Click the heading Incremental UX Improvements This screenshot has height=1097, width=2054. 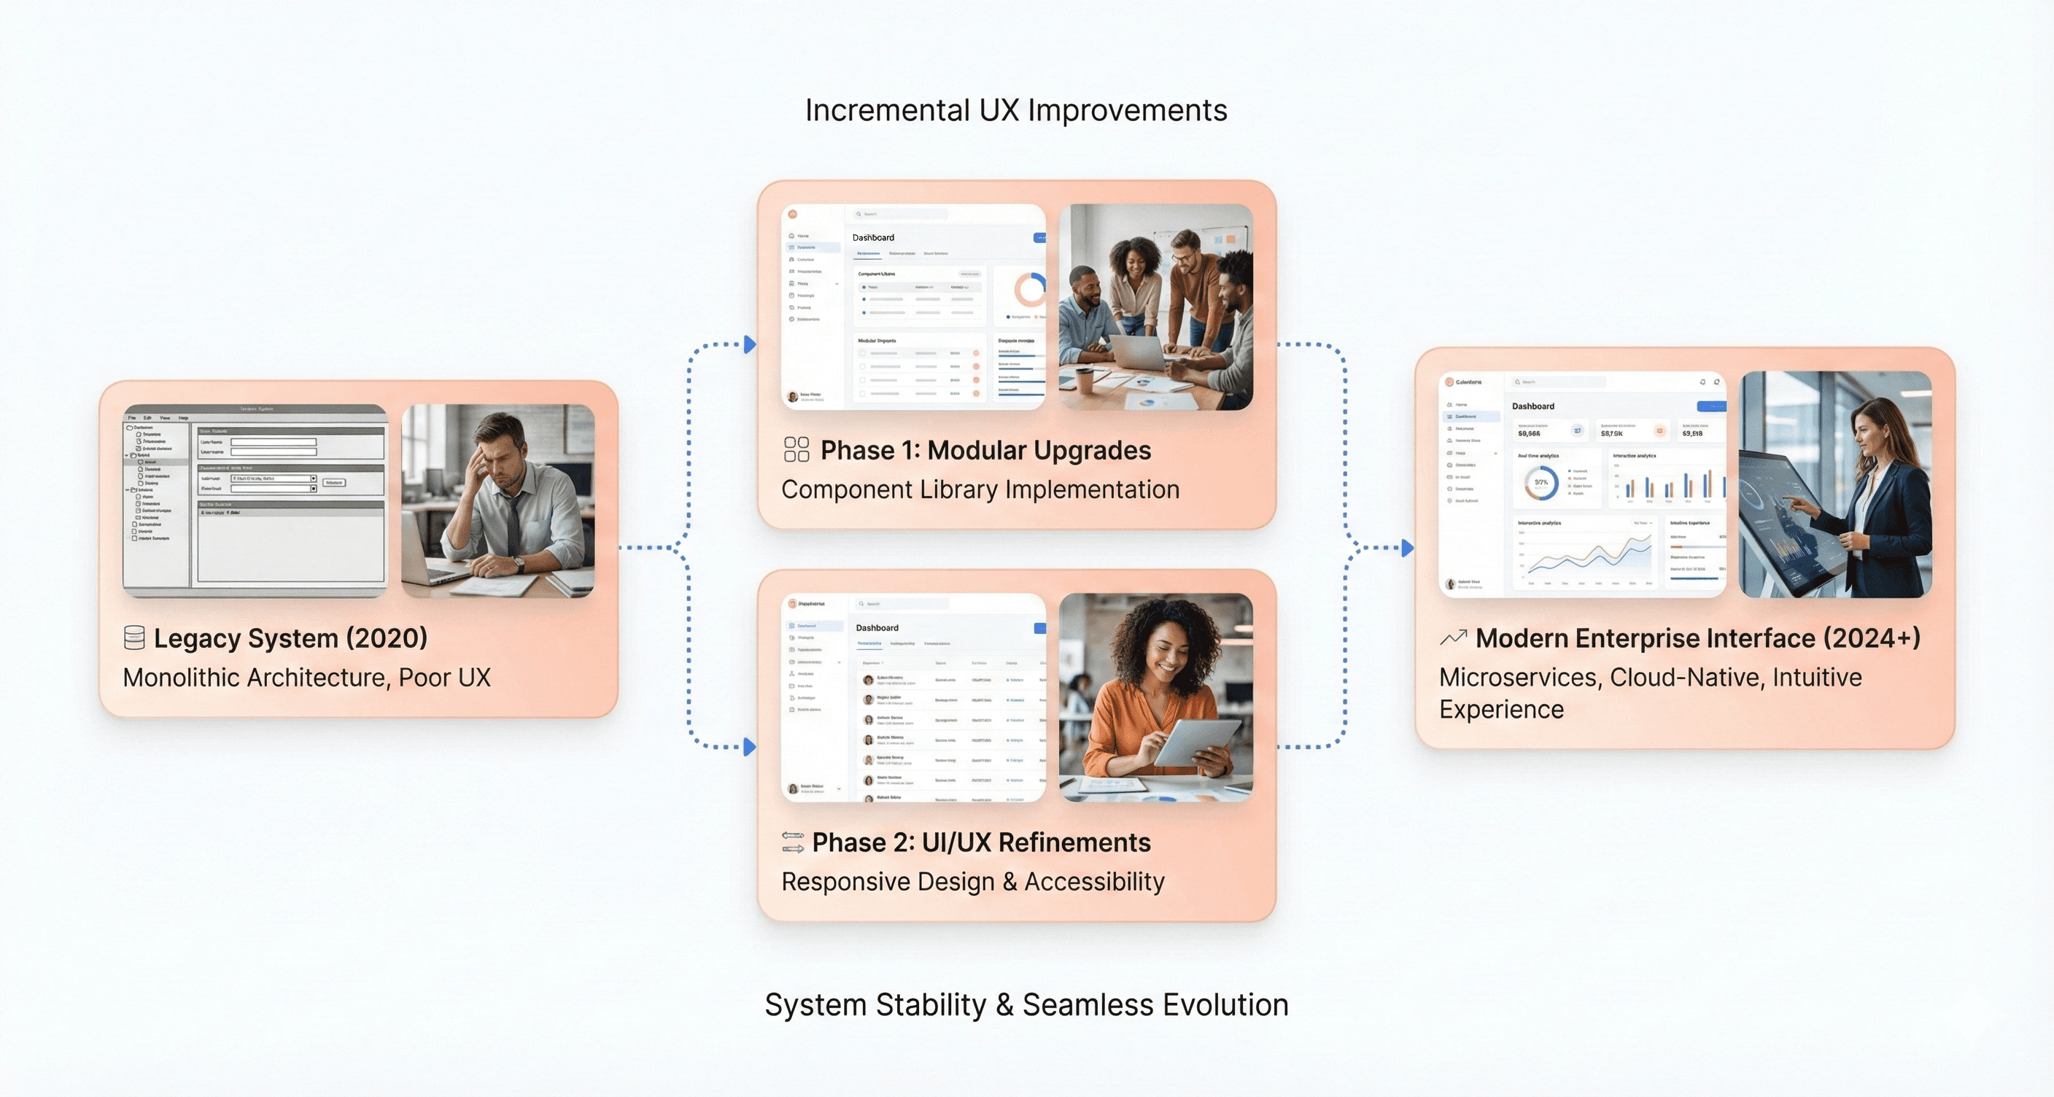[1015, 111]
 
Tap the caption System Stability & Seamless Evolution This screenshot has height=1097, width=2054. [1026, 1005]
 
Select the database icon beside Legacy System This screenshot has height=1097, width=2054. [134, 637]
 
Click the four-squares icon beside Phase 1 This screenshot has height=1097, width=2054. [796, 449]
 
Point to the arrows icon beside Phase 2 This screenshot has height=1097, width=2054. [793, 842]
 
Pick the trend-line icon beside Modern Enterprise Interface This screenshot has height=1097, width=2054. [1453, 637]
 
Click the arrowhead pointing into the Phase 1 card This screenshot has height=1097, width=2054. [750, 345]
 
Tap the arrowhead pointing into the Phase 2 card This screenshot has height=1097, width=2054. [750, 747]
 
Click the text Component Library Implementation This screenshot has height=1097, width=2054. [980, 489]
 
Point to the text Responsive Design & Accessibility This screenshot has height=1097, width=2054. [973, 882]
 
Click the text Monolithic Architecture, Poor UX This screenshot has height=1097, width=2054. [306, 678]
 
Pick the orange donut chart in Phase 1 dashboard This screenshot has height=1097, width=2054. [1031, 290]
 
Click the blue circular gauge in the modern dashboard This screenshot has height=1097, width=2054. [1540, 482]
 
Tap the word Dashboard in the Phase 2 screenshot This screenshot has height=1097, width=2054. [876, 628]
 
